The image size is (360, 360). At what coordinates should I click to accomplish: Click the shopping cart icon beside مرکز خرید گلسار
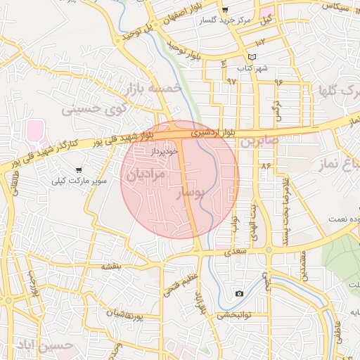point(225,10)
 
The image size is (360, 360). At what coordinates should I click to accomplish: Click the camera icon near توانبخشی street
point(240,293)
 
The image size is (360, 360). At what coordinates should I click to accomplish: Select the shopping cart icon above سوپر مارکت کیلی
point(78,169)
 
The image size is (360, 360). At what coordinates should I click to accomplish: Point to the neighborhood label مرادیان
point(148,172)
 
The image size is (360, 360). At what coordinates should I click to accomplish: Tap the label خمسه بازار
point(153,89)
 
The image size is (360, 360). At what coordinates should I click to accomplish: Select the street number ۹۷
point(232,81)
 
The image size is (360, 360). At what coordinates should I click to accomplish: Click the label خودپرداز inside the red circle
point(165,150)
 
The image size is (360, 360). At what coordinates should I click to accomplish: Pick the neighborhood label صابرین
point(259,141)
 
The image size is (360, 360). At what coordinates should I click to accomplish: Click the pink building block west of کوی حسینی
point(34,130)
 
